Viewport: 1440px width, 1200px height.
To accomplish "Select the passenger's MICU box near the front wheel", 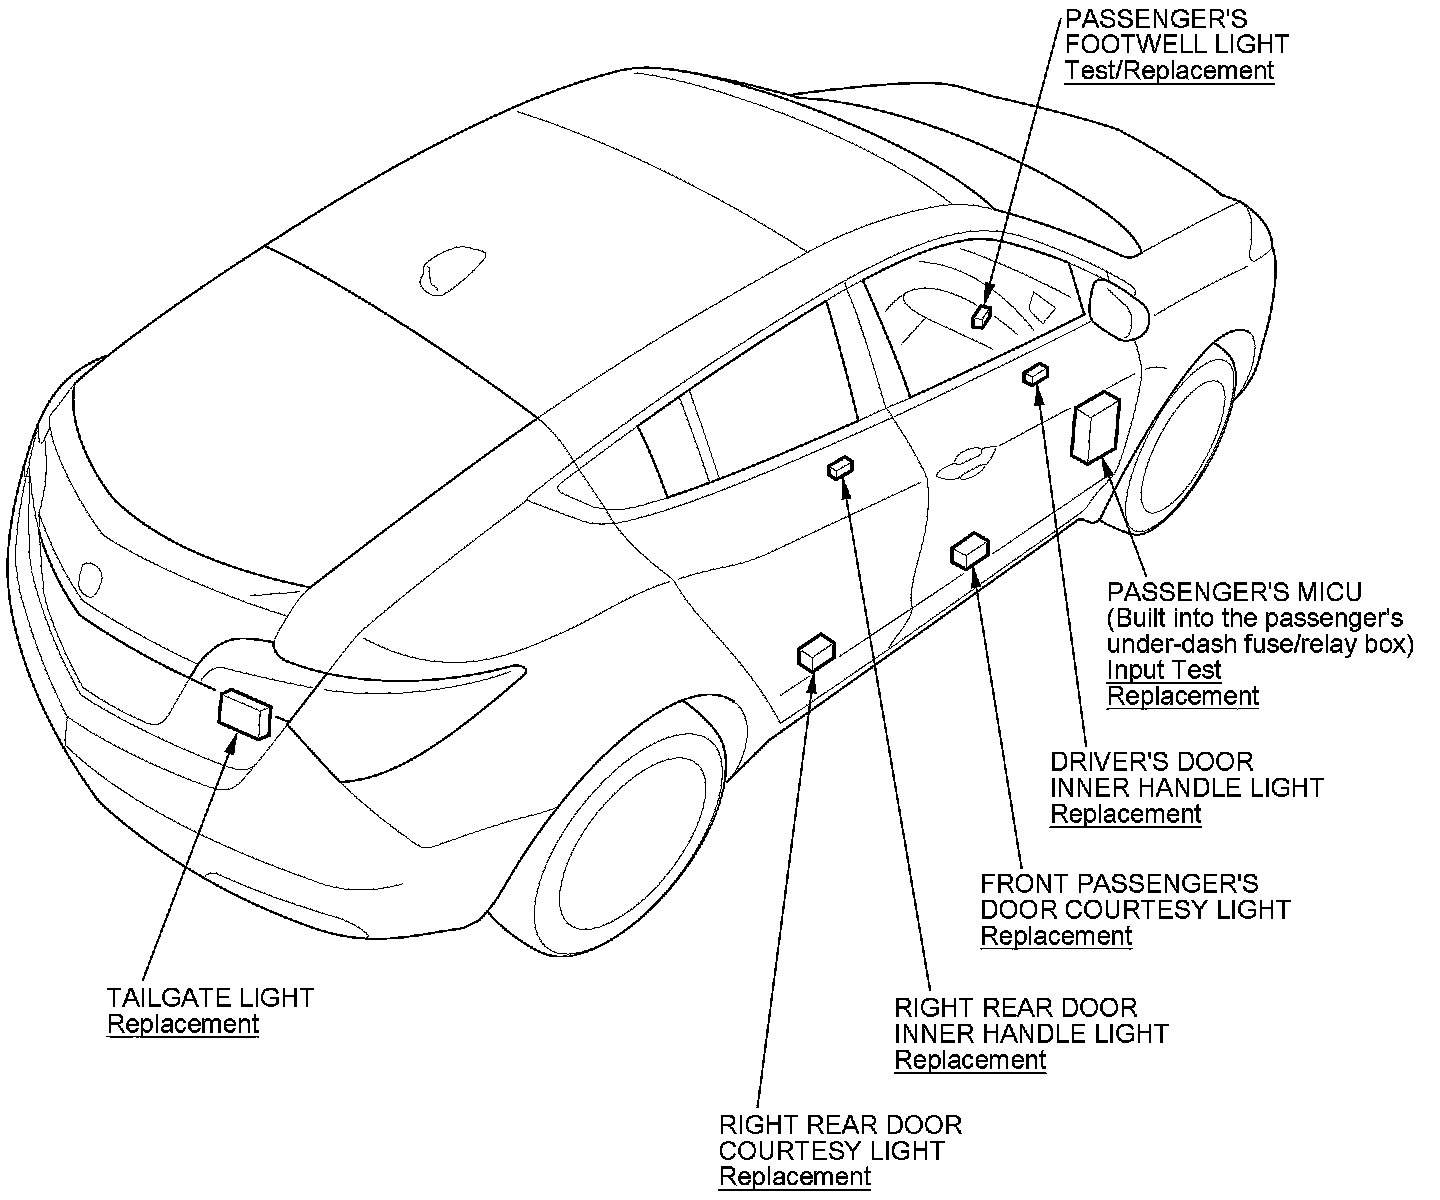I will coord(1095,429).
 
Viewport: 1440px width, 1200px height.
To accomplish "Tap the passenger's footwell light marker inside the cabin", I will coord(982,317).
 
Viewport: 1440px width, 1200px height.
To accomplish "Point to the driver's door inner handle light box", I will coord(1035,375).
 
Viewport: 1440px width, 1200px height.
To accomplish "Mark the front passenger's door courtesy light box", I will coord(969,550).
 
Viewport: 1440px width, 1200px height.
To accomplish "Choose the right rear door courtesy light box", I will coord(816,652).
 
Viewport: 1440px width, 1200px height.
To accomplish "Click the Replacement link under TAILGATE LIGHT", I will coord(183,1025).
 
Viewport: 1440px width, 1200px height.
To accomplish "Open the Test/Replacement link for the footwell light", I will coord(1169,71).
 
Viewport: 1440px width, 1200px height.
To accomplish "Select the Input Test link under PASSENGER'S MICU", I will coord(1164,670).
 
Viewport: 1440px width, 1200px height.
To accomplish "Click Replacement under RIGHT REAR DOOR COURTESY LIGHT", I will coord(795,1177).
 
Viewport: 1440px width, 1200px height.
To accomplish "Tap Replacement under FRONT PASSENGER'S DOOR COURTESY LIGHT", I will coord(1056,936).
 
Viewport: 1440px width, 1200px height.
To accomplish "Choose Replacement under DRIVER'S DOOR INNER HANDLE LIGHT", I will coord(1125,814).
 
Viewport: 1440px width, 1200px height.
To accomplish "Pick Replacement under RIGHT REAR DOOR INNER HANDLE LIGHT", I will coord(970,1060).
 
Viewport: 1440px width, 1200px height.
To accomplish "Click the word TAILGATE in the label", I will coord(155,998).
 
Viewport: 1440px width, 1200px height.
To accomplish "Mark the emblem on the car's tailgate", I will coord(90,578).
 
